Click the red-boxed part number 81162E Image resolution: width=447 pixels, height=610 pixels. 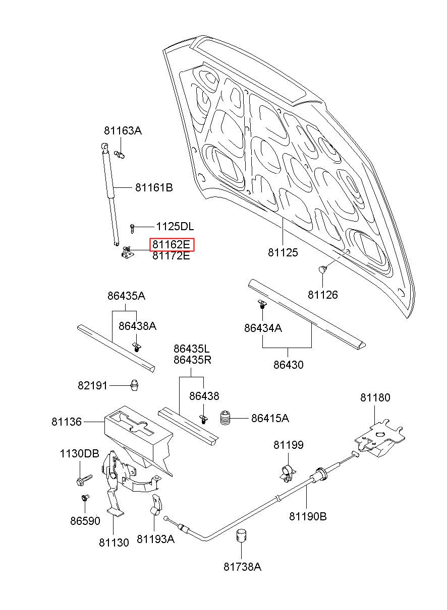tap(171, 244)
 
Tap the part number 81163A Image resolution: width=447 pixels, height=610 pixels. tap(123, 131)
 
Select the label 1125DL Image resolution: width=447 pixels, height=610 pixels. tap(175, 226)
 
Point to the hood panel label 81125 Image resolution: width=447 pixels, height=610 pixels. tap(283, 252)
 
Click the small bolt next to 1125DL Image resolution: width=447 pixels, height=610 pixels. tap(132, 228)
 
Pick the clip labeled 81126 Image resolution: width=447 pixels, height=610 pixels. tap(322, 269)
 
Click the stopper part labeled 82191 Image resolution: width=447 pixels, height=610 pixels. tap(135, 385)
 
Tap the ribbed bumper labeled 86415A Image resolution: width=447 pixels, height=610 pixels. tap(226, 418)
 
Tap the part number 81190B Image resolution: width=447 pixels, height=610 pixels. tap(308, 516)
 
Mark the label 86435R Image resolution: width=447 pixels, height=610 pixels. tap(192, 360)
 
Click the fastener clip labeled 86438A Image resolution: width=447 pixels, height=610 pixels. tap(137, 347)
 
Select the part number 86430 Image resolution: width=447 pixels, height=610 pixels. tap(288, 365)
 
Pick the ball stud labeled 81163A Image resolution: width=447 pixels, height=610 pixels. tap(120, 155)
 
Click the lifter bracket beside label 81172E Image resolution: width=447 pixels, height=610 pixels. tap(127, 252)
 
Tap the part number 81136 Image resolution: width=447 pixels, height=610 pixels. tap(67, 422)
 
